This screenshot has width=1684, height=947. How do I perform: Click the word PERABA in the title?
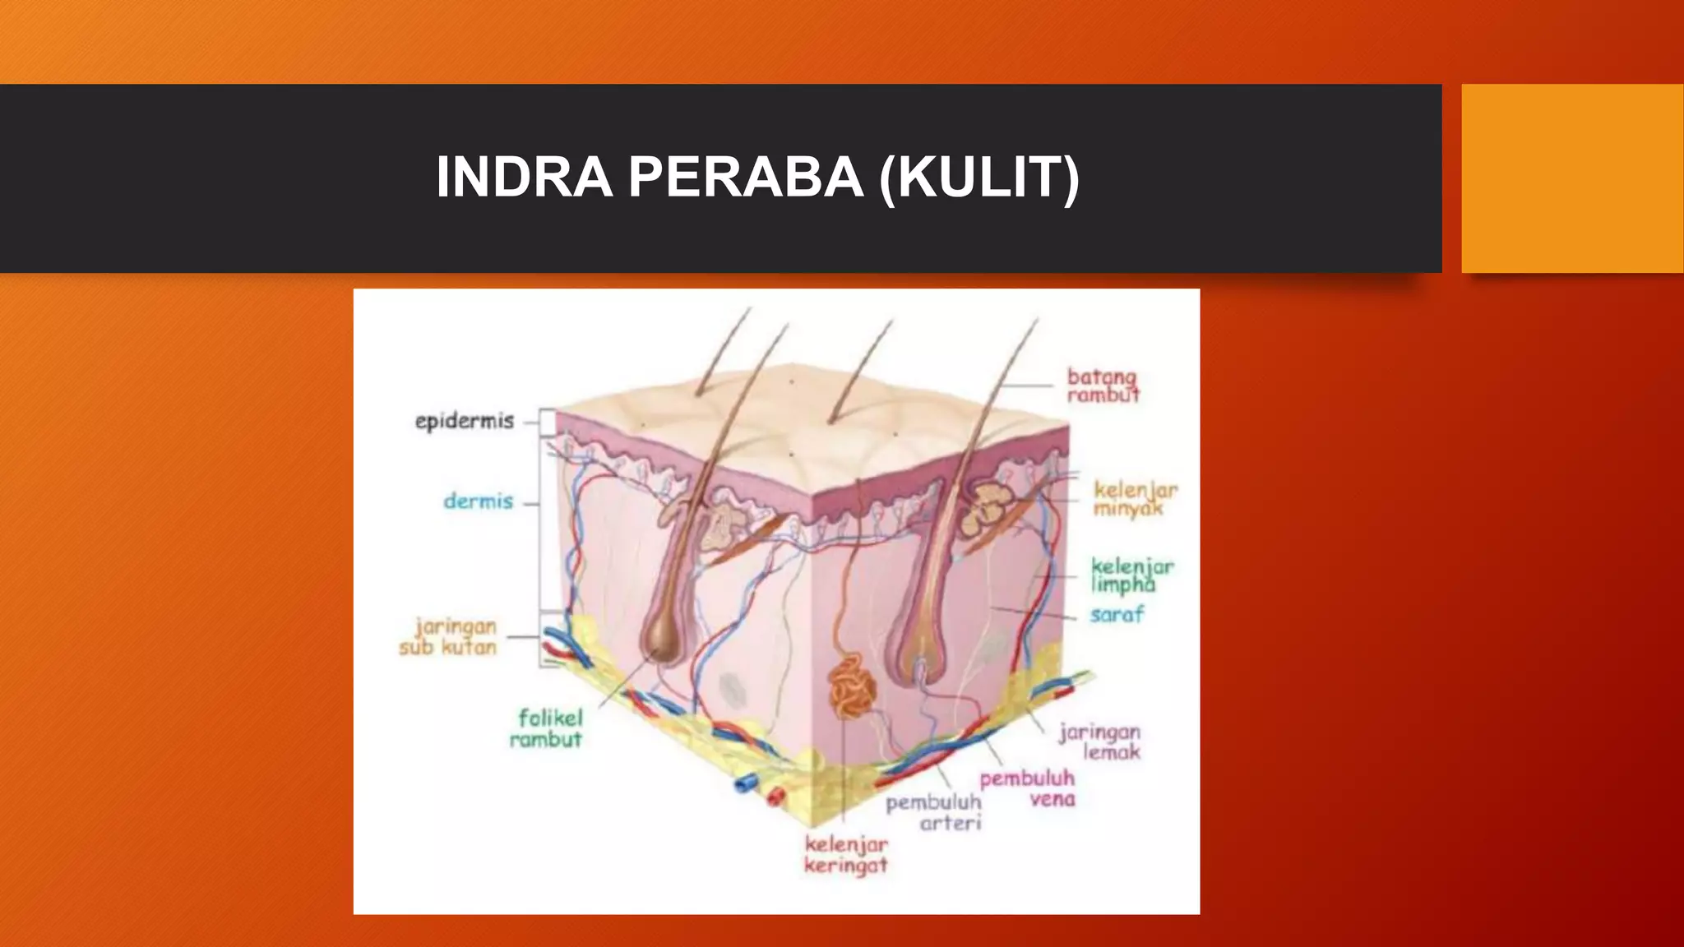pos(746,178)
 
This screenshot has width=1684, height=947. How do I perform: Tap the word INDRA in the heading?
pos(524,178)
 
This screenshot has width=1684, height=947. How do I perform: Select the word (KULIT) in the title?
pos(978,178)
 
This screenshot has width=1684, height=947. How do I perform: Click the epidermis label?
pos(464,422)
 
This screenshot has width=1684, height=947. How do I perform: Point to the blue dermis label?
pos(478,501)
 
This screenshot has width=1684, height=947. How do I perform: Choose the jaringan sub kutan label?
pos(449,637)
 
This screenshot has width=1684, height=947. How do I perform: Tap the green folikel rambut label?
pos(546,728)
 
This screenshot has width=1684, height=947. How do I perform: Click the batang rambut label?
pos(1103,386)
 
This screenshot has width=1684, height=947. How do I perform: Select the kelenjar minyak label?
pos(1135,499)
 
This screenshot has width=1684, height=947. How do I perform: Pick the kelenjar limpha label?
pos(1131,575)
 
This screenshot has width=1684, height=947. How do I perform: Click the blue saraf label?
pos(1117,615)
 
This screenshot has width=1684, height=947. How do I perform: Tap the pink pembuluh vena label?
pos(1028,788)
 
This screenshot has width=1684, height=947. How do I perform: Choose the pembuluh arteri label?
pos(934,812)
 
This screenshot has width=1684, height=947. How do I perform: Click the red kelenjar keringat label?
pos(846,855)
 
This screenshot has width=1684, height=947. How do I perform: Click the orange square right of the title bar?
pos(1572,178)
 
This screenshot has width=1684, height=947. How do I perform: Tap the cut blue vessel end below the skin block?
pos(743,783)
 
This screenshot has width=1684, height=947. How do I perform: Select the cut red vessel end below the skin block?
pos(774,795)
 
